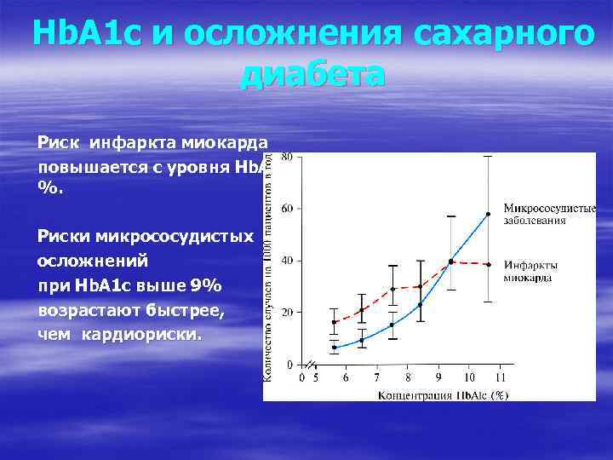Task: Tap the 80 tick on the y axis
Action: (287, 156)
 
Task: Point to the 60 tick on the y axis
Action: (287, 208)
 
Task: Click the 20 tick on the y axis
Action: (287, 313)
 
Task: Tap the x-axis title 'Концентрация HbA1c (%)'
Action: (443, 394)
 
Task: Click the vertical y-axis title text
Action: (269, 264)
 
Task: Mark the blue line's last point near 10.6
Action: (488, 214)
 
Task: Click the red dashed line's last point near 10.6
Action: (488, 264)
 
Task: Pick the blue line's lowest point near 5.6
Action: (335, 347)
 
